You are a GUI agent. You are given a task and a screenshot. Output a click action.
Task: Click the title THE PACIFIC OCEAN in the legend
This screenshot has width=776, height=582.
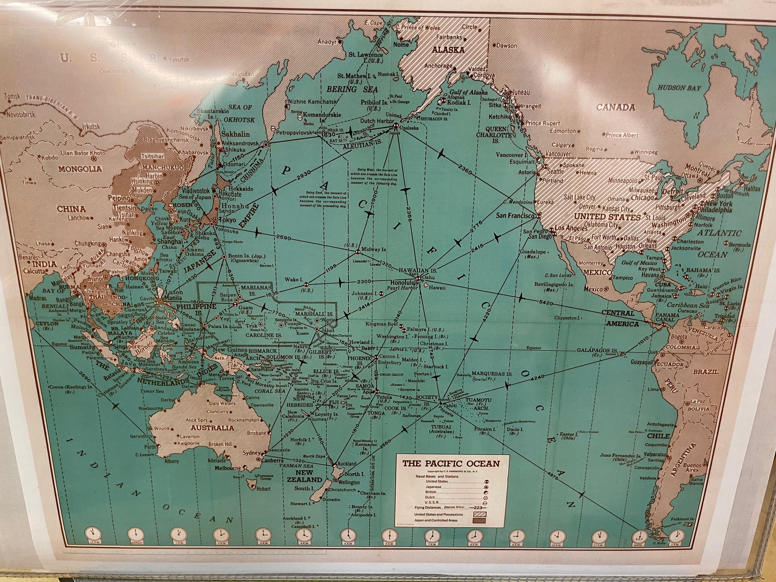(x=451, y=463)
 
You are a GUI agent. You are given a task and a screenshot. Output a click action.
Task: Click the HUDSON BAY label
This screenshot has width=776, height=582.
(x=679, y=88)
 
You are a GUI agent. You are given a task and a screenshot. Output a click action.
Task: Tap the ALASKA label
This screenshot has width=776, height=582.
(x=448, y=50)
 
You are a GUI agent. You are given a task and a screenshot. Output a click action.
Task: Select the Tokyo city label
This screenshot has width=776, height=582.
(x=228, y=220)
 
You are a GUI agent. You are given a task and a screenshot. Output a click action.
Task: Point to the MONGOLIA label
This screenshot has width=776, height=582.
(x=80, y=169)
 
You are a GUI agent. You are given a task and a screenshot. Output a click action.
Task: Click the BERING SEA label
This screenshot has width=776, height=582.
(x=352, y=90)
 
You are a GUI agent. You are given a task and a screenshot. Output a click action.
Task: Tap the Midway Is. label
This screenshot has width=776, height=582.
(x=373, y=249)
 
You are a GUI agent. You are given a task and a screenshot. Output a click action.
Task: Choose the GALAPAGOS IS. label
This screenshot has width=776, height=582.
(x=597, y=350)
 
